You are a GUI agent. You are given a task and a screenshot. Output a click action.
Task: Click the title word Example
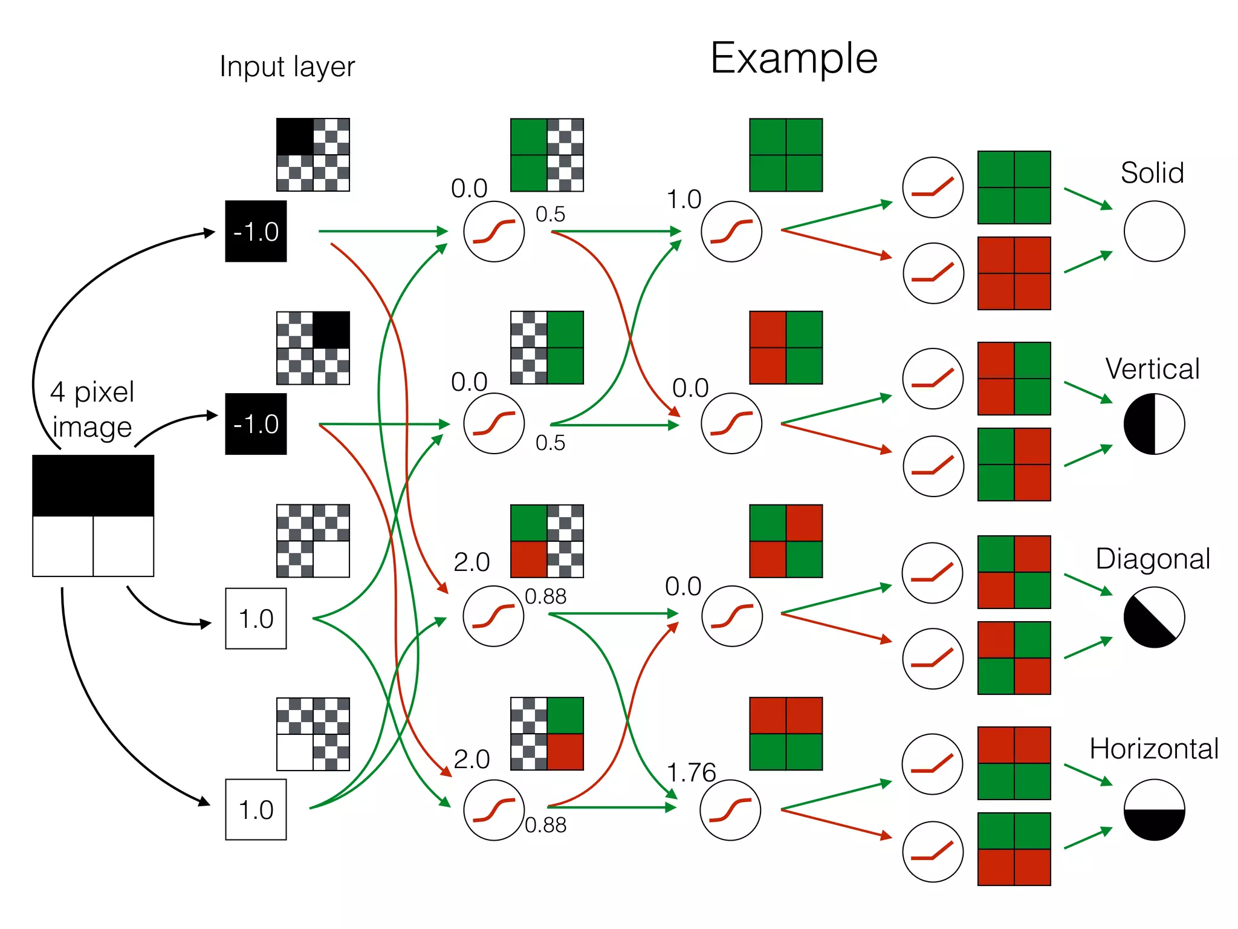click(x=793, y=59)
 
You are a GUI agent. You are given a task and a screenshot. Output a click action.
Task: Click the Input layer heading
click(x=287, y=67)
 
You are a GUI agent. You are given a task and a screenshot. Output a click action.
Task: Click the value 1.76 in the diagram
click(x=691, y=772)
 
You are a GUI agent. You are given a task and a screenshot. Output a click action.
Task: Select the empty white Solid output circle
click(x=1154, y=231)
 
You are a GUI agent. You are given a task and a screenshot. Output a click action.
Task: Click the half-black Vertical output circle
click(x=1154, y=423)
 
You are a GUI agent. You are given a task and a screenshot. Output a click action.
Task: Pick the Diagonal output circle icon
click(x=1154, y=617)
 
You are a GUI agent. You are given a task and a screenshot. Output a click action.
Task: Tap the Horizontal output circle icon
click(x=1154, y=810)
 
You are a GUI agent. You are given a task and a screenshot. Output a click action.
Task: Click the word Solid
click(x=1152, y=173)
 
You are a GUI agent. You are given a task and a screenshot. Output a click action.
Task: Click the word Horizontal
click(x=1153, y=749)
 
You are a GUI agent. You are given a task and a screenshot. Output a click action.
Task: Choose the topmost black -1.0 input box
click(x=256, y=231)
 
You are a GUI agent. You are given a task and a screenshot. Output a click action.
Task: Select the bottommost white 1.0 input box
click(x=256, y=809)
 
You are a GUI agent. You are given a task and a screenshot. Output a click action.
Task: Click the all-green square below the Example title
click(x=786, y=155)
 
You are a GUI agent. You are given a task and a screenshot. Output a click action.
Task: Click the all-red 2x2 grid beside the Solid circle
click(x=1014, y=273)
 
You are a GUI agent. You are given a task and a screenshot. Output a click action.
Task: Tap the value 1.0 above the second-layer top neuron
click(x=684, y=200)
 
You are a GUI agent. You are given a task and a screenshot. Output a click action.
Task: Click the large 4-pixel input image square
click(x=93, y=515)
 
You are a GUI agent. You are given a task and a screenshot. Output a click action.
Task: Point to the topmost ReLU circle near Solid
click(x=933, y=187)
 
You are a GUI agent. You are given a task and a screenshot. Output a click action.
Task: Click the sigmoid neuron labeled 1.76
click(x=730, y=810)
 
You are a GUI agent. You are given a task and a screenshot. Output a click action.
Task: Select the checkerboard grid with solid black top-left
click(x=313, y=155)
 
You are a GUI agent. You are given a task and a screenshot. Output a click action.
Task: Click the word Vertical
click(x=1152, y=369)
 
